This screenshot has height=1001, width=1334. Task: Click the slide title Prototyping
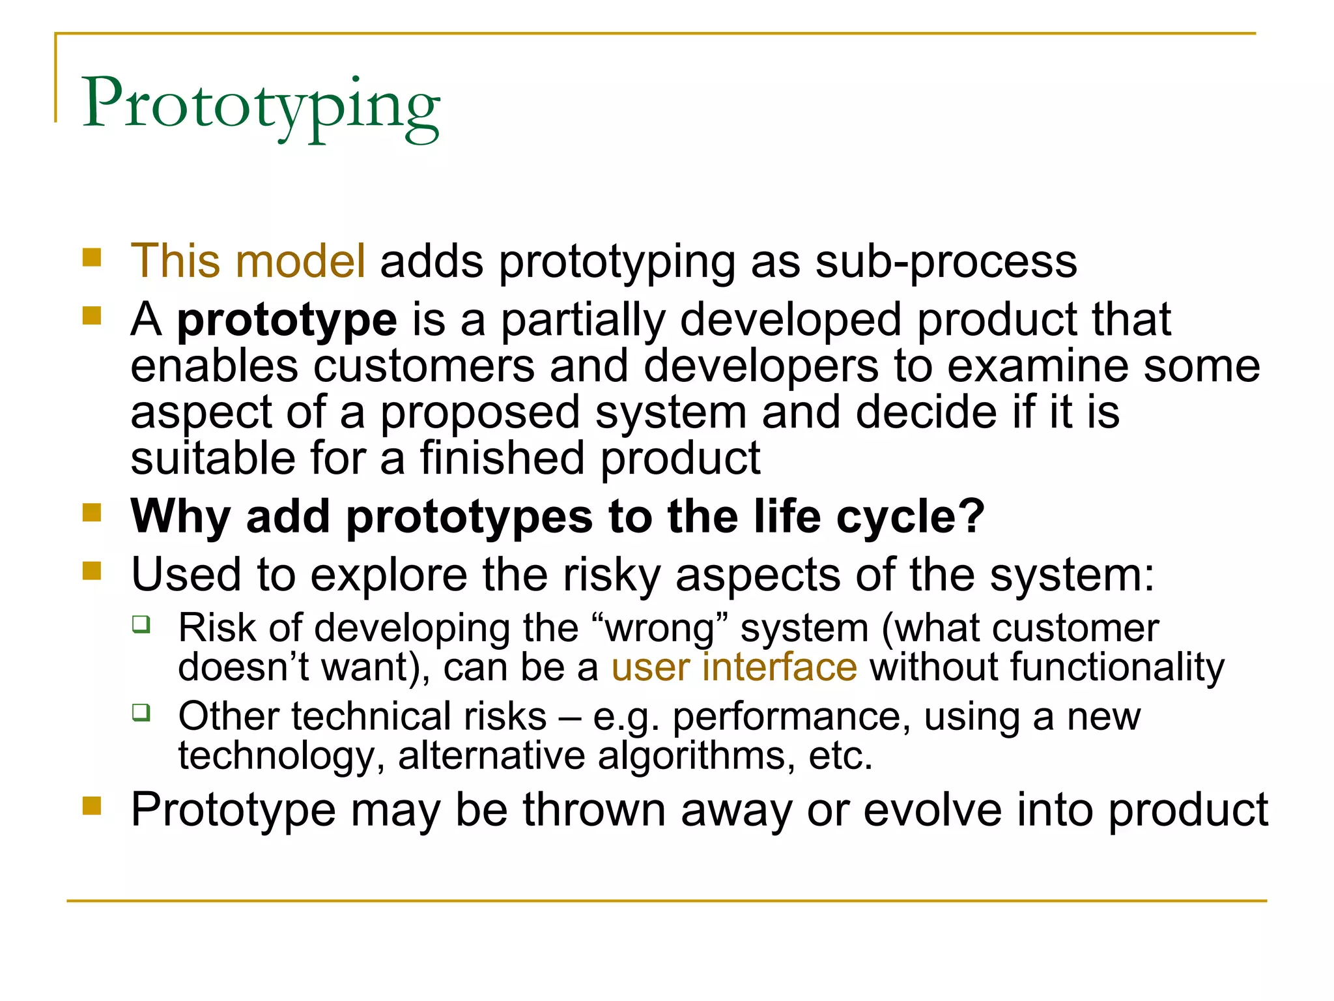[261, 106]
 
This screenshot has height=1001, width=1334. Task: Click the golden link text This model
[248, 261]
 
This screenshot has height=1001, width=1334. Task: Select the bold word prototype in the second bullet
[287, 320]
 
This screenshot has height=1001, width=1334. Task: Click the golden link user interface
[734, 667]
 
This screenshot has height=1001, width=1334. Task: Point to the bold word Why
[180, 516]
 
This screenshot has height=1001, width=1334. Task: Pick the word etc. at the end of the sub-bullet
[840, 756]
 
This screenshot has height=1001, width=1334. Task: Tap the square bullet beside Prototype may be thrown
[92, 806]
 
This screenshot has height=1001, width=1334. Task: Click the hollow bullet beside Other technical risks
[141, 712]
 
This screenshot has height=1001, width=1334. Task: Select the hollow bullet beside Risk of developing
[141, 624]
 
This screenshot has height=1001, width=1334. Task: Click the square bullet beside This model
[92, 257]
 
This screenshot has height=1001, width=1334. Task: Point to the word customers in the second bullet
[424, 366]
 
